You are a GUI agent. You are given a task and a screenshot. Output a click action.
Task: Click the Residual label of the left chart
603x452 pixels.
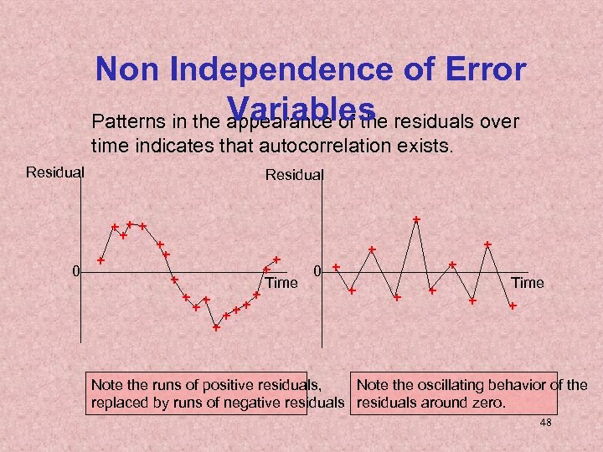pyautogui.click(x=55, y=172)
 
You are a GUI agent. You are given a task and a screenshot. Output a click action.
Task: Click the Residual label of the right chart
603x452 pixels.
pyautogui.click(x=294, y=175)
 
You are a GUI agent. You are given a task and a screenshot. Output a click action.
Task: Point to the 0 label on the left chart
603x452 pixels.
pyautogui.click(x=75, y=271)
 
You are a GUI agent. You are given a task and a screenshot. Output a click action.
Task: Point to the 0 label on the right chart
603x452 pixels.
pyautogui.click(x=317, y=271)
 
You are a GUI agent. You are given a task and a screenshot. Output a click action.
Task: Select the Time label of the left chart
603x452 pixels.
pyautogui.click(x=281, y=284)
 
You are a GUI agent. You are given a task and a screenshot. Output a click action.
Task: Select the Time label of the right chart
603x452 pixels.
pyautogui.click(x=527, y=283)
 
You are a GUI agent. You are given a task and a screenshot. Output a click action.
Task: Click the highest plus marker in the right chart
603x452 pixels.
pyautogui.click(x=416, y=219)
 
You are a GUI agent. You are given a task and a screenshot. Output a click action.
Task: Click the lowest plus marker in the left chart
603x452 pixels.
pyautogui.click(x=216, y=327)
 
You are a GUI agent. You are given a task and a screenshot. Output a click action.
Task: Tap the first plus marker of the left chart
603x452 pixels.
pyautogui.click(x=100, y=260)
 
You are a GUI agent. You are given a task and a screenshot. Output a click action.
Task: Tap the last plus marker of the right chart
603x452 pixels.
pyautogui.click(x=513, y=307)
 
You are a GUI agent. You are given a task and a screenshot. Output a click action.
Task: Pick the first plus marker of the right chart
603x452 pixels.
pyautogui.click(x=336, y=267)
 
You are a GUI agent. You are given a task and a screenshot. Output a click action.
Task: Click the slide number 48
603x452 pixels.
pyautogui.click(x=545, y=424)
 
